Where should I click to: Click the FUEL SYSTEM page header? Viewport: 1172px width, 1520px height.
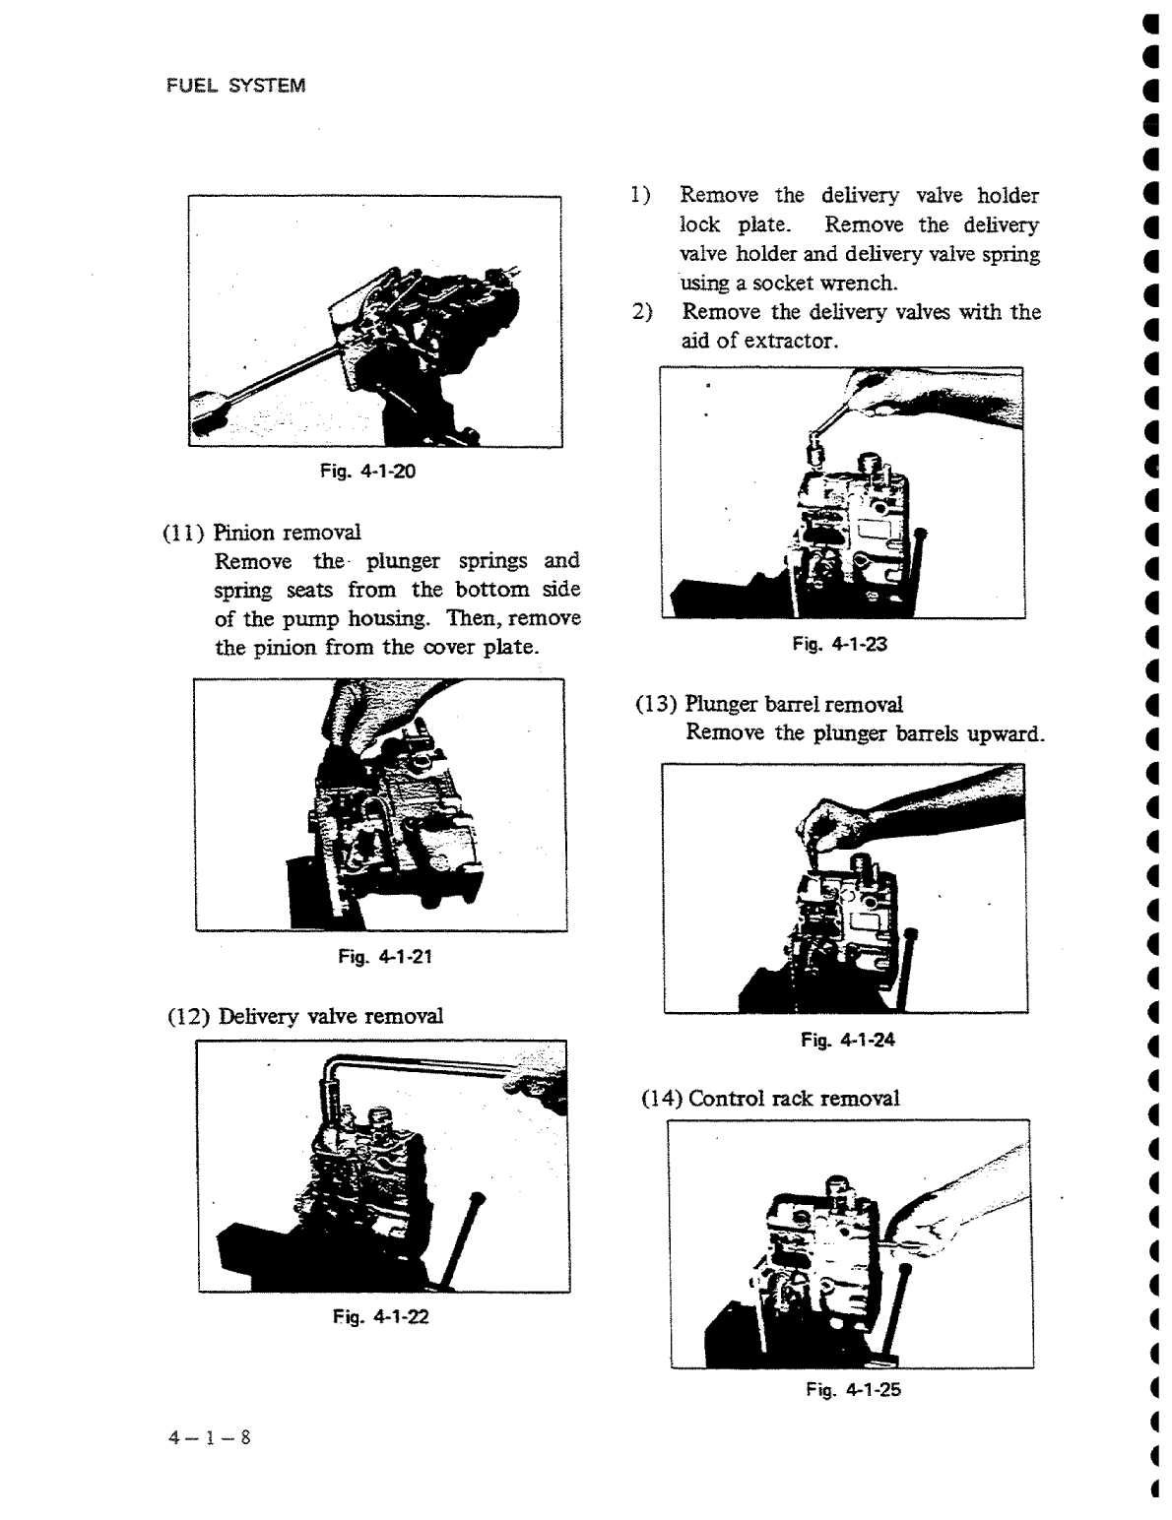pos(234,86)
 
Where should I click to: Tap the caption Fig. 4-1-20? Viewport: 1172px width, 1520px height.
pos(367,472)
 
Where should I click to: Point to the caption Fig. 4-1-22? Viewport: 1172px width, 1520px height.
pos(380,1317)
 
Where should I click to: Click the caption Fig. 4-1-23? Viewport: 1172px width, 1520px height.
pos(839,645)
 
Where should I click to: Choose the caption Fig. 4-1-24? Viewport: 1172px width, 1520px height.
pos(847,1040)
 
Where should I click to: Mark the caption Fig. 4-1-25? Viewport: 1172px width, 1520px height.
pos(853,1390)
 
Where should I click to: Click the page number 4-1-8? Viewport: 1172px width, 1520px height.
pos(209,1437)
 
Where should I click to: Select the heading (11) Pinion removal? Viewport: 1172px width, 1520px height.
pos(261,533)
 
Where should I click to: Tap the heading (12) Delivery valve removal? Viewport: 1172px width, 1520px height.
pos(302,1016)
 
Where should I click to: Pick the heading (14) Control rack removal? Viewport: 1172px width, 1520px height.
pos(769,1099)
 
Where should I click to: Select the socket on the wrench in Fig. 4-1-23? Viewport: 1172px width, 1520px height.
pos(814,452)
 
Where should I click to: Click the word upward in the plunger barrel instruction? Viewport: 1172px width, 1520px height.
pos(1005,734)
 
